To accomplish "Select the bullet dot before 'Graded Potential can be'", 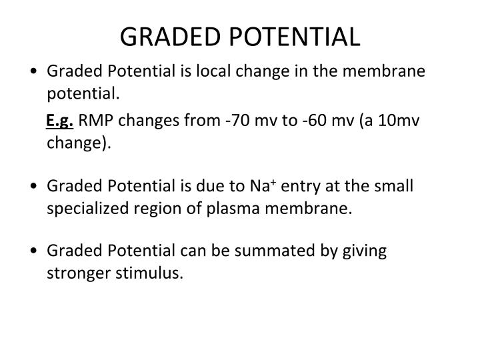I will click(x=33, y=252).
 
